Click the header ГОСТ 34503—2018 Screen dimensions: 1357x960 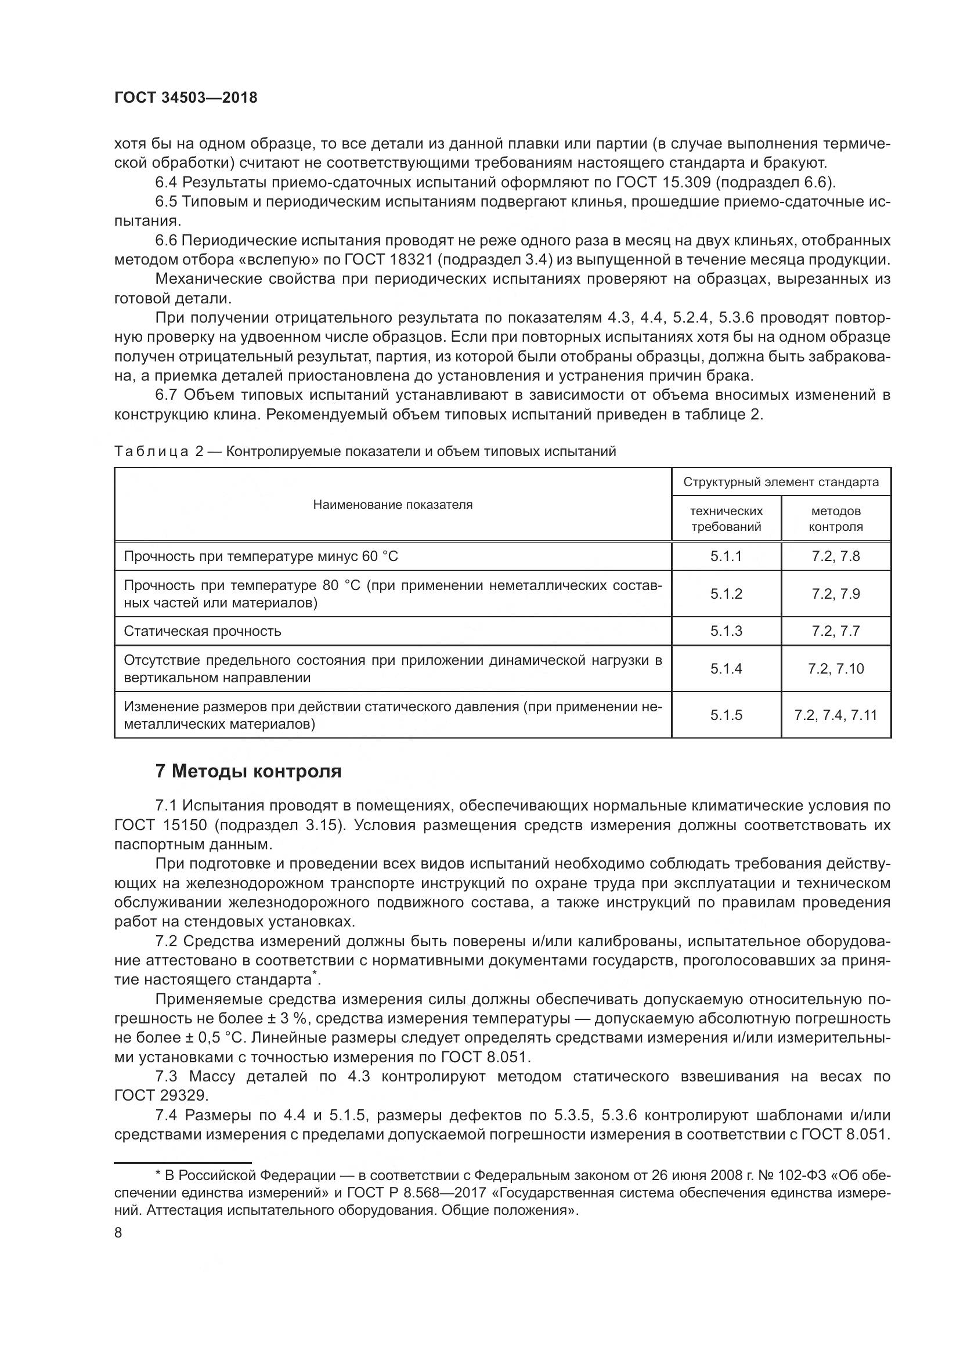[186, 98]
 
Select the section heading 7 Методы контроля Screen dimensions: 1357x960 [248, 771]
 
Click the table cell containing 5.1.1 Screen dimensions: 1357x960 [726, 556]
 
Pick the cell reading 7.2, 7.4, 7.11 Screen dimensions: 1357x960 [835, 715]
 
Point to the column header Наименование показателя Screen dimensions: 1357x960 [392, 505]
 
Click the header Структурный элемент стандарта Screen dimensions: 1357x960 [781, 482]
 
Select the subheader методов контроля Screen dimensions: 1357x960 [835, 519]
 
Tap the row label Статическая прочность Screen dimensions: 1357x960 [202, 631]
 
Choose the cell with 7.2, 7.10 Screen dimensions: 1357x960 [835, 668]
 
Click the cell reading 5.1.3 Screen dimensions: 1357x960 [726, 631]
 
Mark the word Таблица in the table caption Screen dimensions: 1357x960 [151, 451]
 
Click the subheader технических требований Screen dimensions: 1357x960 [726, 519]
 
